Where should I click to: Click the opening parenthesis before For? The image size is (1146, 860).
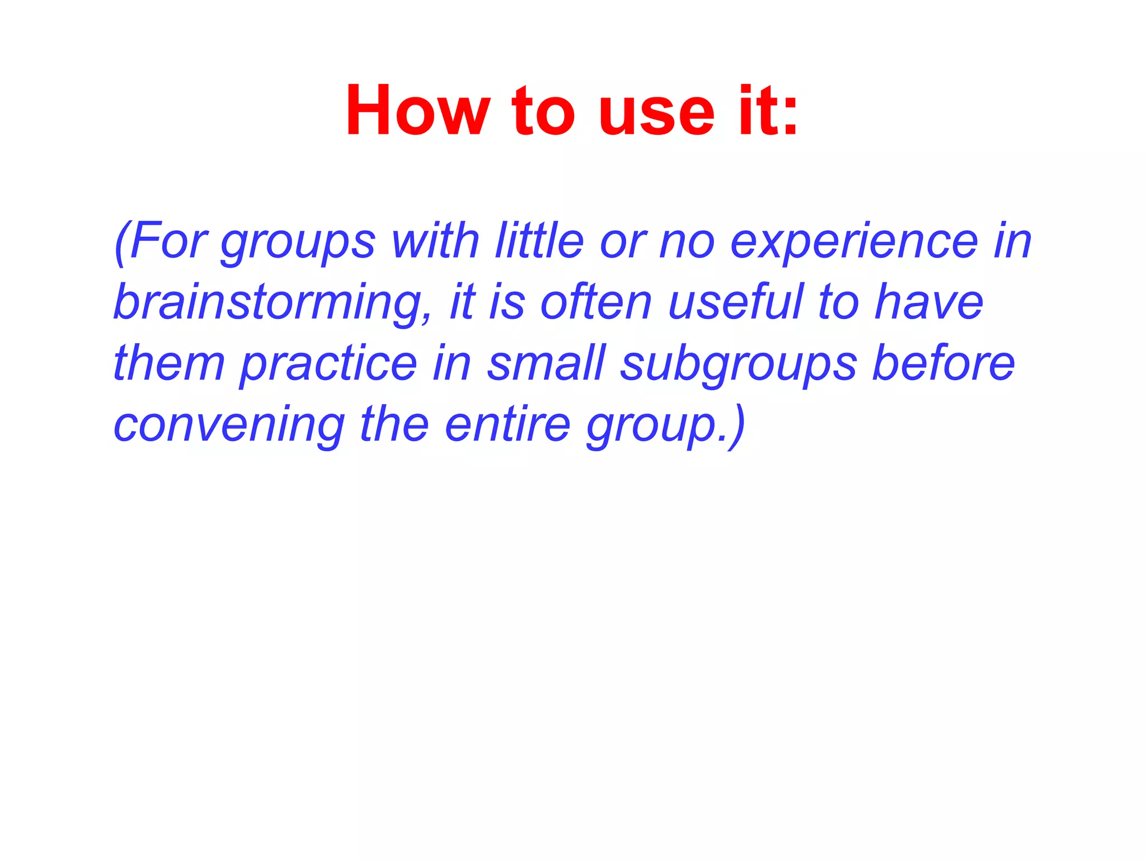[120, 244]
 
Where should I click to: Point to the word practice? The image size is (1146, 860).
[329, 365]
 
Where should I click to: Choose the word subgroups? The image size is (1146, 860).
[739, 365]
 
